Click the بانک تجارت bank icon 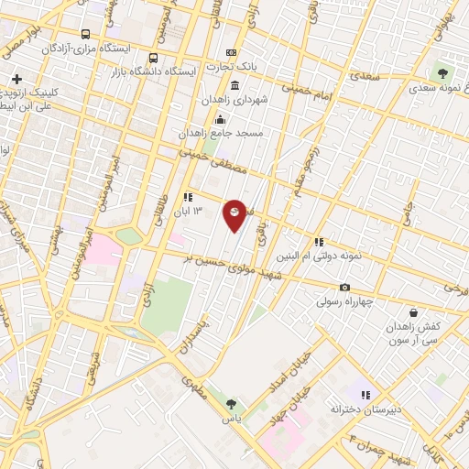(231, 52)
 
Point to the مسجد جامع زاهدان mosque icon (219, 119)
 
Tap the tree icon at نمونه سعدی (444, 71)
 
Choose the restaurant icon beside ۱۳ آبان (187, 197)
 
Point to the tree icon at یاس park (231, 402)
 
